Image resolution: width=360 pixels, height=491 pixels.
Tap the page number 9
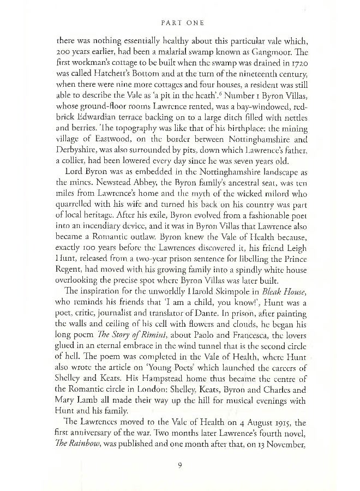179,465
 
